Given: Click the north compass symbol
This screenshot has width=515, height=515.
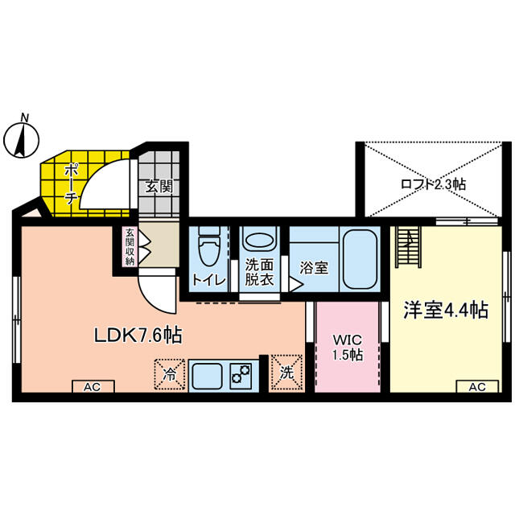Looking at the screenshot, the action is pos(21,139).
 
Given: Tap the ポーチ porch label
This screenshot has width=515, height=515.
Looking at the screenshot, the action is pos(71,185).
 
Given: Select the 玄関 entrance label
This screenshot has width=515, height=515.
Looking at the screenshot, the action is pos(159,187).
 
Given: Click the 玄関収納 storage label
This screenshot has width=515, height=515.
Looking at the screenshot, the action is pos(130,247).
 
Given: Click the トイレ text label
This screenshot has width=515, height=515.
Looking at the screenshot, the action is pos(209,280).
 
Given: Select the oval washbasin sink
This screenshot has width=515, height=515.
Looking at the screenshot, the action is pos(259,241).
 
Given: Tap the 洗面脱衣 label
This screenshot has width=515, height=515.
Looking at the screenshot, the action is pos(259,272).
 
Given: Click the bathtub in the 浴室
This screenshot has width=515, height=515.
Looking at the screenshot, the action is pos(360,259).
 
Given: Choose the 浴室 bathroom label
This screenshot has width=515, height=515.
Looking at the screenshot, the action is pos(314,268).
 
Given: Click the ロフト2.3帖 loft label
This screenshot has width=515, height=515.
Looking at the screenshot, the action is pos(433,184).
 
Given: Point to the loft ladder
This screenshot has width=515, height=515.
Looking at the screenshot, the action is pos(408,247).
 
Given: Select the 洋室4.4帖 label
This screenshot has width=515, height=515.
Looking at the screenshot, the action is pos(446,310).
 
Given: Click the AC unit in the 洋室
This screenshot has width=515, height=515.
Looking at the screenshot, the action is pos(477,386).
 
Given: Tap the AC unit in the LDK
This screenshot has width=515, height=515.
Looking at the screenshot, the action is pos(93,386).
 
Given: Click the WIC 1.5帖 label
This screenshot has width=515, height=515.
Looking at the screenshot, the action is pos(348,347).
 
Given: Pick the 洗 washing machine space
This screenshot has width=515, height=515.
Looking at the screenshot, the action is pos(286,373).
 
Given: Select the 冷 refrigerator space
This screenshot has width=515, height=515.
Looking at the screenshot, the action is pos(170,374).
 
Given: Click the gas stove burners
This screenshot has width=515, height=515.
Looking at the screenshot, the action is pos(241,376).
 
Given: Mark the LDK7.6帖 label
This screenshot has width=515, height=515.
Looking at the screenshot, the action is pos(138,335).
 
